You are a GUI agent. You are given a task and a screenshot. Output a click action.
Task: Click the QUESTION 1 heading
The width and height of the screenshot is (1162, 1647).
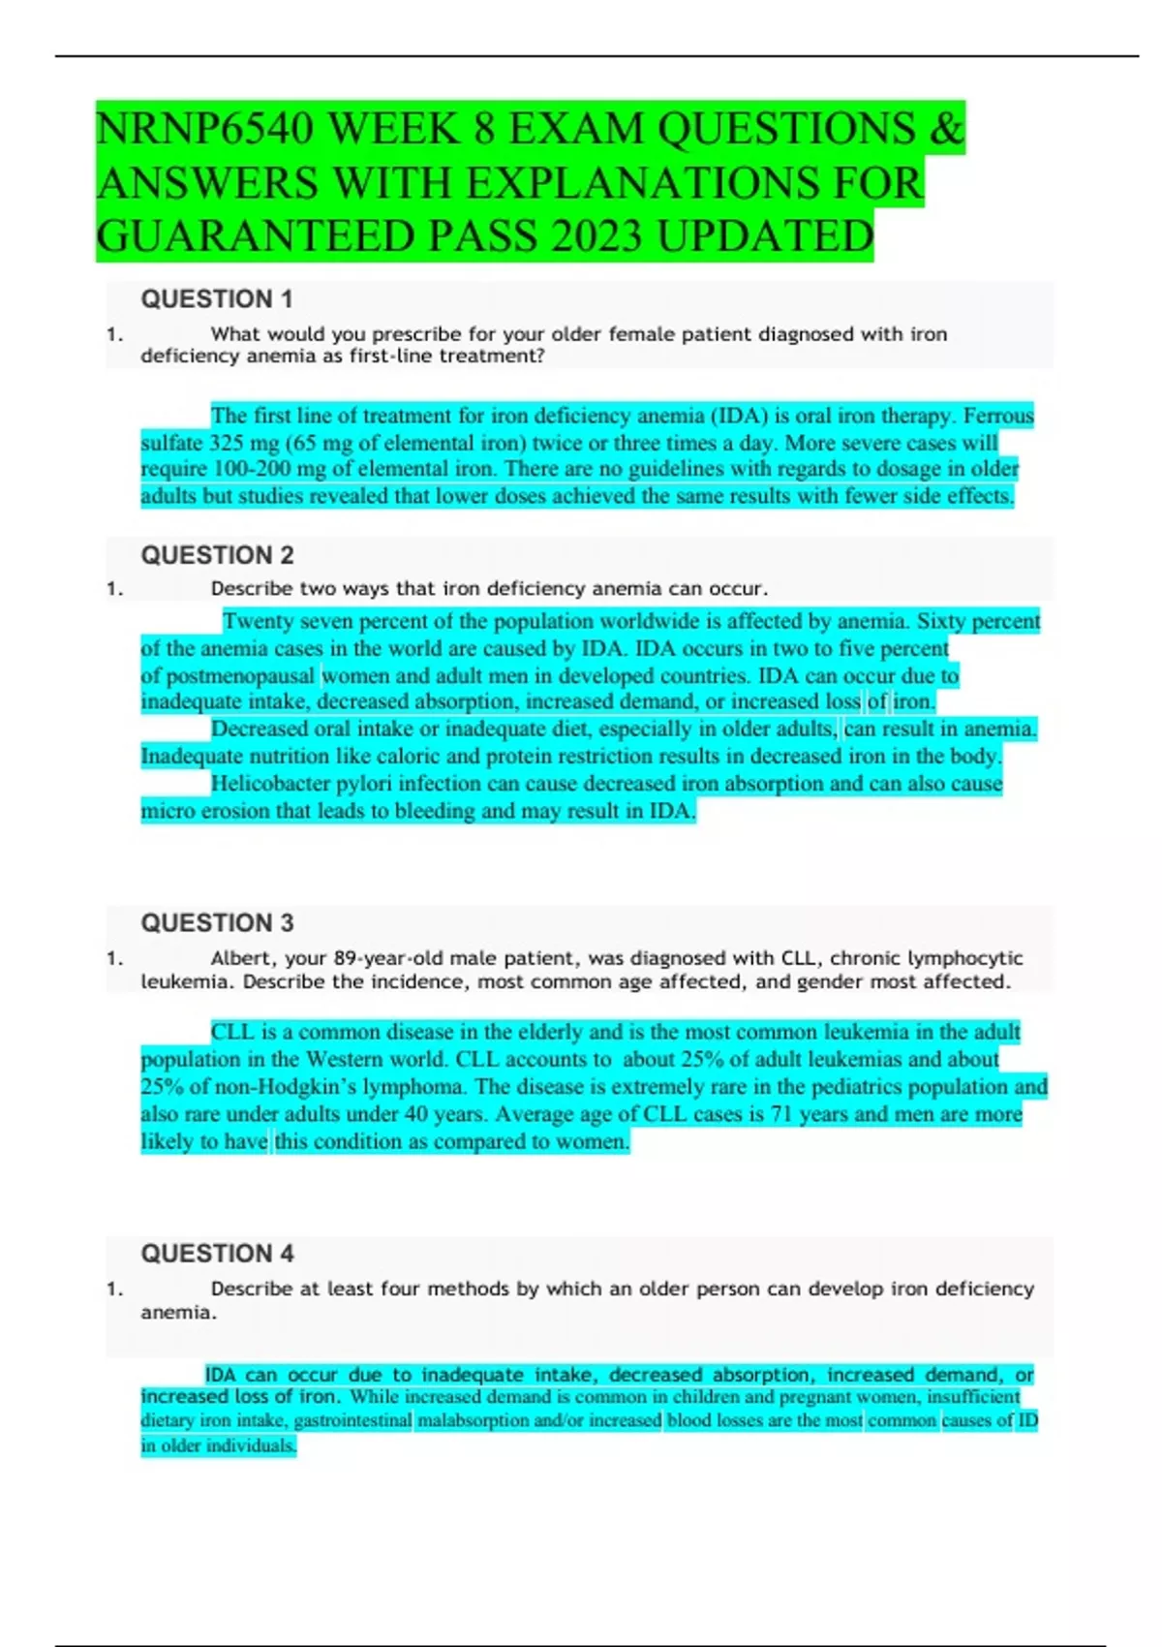[x=217, y=299]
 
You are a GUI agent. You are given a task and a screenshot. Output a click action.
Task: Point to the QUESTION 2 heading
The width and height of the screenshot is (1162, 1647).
[x=217, y=555]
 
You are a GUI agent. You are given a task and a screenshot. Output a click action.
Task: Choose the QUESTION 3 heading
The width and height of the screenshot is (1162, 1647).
[x=217, y=922]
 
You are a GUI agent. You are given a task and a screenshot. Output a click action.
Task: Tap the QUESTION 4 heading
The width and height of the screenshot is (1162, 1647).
[x=217, y=1254]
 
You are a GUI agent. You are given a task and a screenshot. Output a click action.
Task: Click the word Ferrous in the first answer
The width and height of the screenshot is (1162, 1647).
[x=998, y=416]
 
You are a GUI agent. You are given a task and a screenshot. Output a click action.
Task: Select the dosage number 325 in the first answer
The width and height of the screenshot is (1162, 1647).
[x=229, y=443]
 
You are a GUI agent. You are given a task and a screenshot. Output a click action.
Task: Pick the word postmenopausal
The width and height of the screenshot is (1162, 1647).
[x=241, y=675]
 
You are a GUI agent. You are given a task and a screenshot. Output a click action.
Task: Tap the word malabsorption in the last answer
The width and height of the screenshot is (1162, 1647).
[x=472, y=1420]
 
